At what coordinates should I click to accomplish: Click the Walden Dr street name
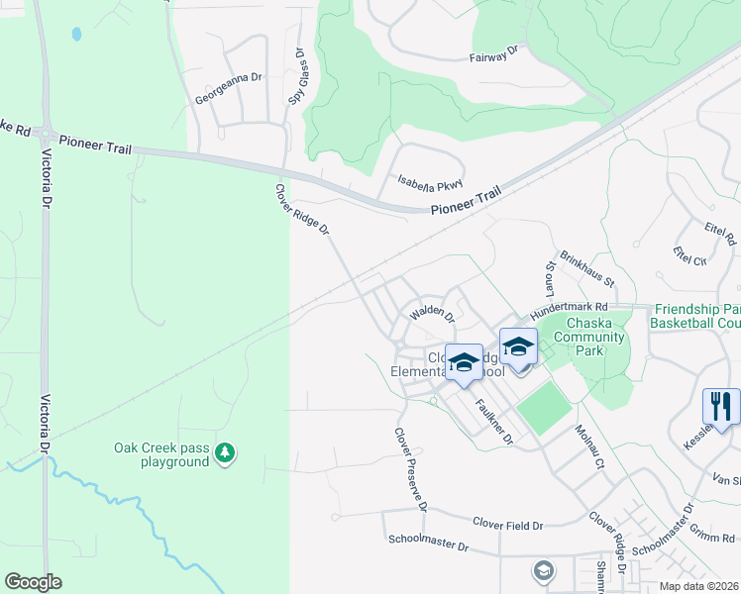[432, 314]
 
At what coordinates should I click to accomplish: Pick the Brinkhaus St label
[587, 269]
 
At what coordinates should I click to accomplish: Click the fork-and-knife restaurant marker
[720, 406]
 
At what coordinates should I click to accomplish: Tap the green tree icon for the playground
[226, 453]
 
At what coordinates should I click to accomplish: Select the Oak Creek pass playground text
[160, 454]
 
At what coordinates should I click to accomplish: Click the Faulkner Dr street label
[492, 420]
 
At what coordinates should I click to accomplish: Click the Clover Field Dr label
[508, 522]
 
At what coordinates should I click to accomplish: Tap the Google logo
[33, 582]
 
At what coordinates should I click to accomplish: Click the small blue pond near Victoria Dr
[76, 34]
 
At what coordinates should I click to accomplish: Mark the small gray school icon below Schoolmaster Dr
[542, 570]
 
